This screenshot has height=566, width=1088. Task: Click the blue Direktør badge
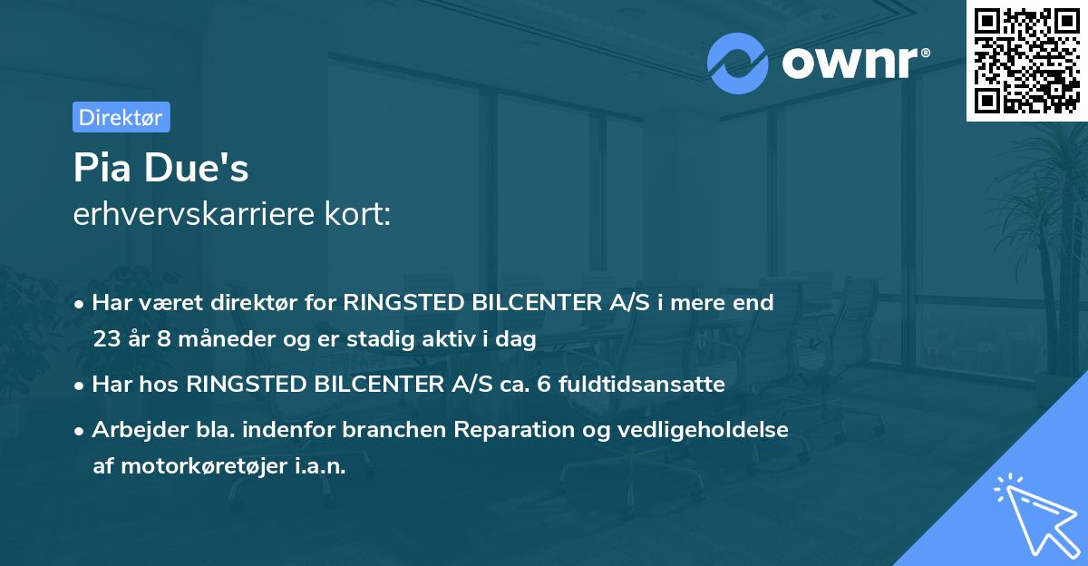pyautogui.click(x=121, y=117)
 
